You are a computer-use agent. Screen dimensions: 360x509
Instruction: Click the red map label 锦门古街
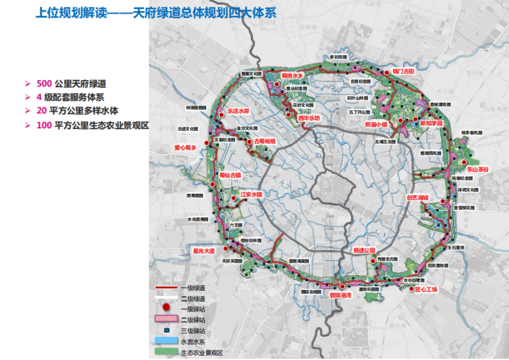coord(403,72)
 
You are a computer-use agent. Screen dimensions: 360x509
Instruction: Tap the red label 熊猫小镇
coord(376,124)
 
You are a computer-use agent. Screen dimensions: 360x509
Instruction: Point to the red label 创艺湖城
coord(417,198)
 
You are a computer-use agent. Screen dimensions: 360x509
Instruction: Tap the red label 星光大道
coord(204,251)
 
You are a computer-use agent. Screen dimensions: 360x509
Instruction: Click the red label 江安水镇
coord(252,194)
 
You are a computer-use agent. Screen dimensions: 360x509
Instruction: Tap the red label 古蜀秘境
coord(264,141)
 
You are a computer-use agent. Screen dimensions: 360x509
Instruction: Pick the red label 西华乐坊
coord(308,118)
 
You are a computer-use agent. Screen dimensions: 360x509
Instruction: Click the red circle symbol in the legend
coord(167,307)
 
